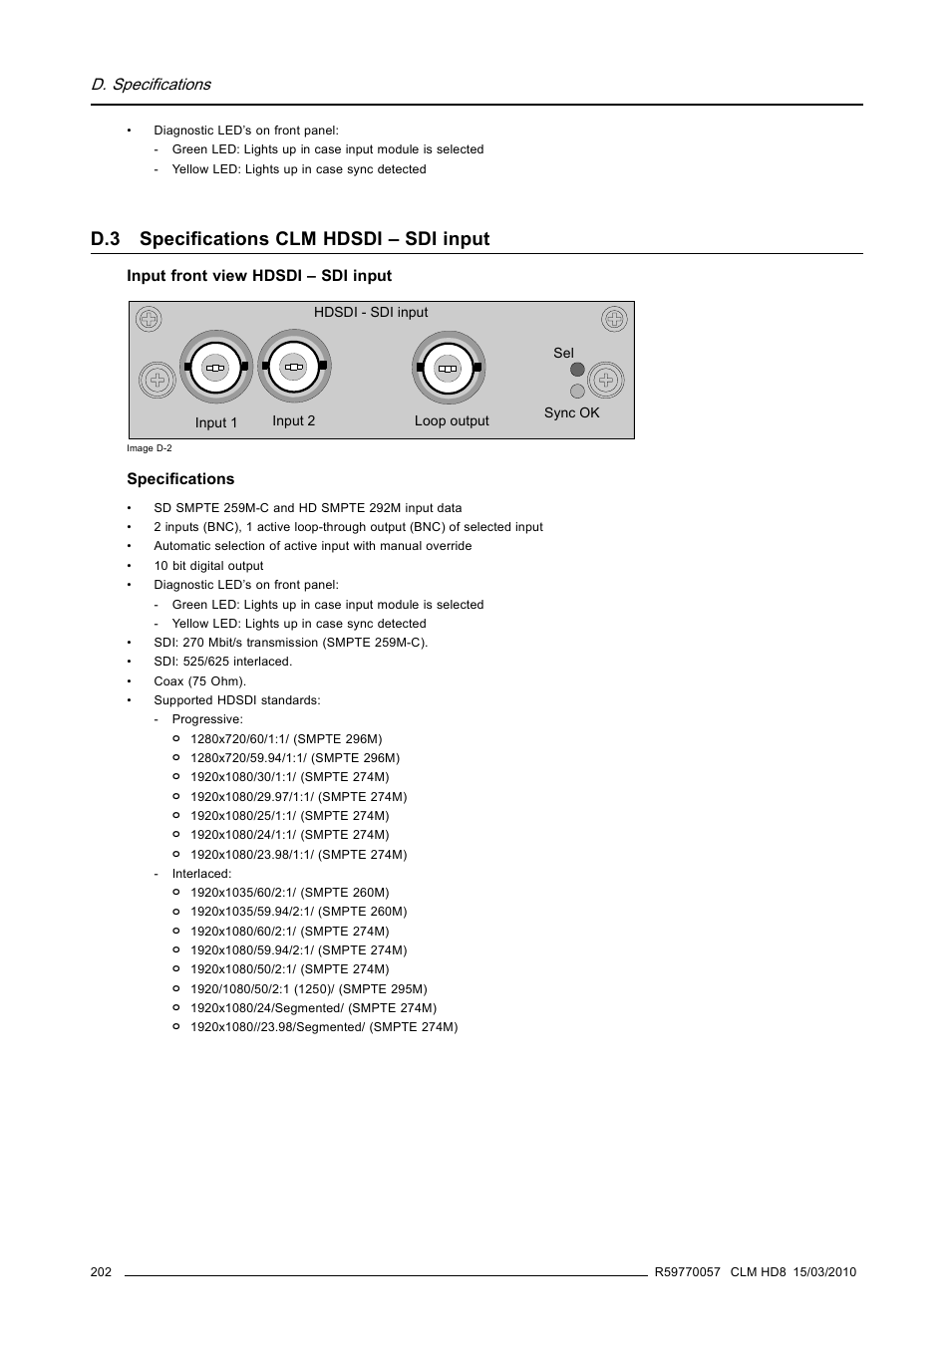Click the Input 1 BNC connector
point(215,368)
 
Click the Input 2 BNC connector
point(293,367)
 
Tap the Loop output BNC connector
point(448,368)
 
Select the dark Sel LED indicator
point(577,370)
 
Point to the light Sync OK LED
point(577,392)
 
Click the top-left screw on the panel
point(149,319)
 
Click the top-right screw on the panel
point(614,319)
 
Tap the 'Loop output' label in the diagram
point(452,421)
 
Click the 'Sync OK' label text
point(571,412)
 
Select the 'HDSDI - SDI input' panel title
point(371,313)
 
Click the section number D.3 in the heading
point(105,239)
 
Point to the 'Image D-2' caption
point(150,448)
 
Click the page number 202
point(101,1272)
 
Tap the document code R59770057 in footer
point(687,1272)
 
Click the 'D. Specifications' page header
point(151,85)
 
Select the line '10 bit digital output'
point(208,566)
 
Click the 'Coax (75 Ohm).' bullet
point(199,681)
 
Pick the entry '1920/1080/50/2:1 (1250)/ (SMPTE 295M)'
point(308,989)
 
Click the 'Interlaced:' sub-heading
point(201,874)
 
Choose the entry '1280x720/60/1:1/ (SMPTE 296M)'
point(286,739)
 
